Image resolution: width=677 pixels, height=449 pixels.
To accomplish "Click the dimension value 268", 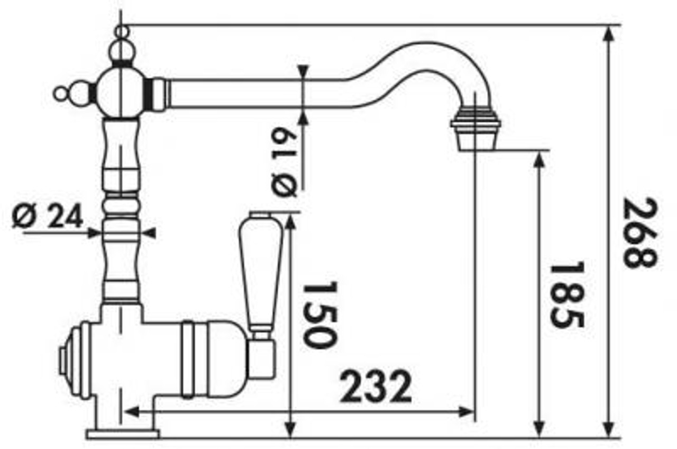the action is click(x=640, y=232).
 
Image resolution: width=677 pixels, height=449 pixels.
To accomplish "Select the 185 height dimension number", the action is click(x=567, y=294).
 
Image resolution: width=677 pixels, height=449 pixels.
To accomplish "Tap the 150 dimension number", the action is click(x=320, y=315).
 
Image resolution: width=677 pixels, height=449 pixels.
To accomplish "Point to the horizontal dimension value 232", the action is click(x=376, y=387).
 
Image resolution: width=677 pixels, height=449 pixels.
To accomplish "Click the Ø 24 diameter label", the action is click(x=47, y=215).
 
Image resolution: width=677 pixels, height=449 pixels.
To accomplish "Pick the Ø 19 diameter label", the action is click(x=284, y=162).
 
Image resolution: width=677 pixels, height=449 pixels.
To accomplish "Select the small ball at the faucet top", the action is click(x=122, y=31).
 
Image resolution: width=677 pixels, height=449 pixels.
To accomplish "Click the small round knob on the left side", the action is click(x=60, y=94).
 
